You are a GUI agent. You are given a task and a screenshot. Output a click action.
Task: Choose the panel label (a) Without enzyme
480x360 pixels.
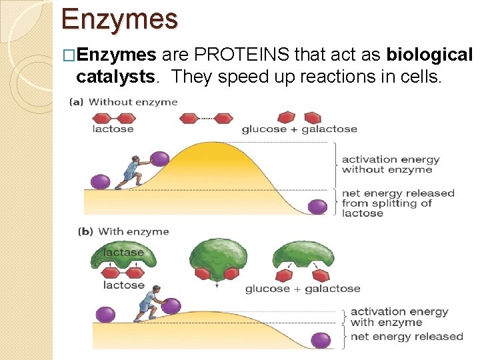tap(124, 102)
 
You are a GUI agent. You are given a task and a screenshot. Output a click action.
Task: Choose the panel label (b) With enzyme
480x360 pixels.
tap(124, 232)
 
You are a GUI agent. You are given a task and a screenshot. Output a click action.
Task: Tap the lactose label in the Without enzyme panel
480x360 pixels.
tap(113, 129)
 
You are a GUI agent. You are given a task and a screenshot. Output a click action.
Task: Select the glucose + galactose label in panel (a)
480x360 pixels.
tap(299, 129)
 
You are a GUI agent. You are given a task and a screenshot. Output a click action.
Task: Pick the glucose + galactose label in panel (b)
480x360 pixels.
tap(303, 289)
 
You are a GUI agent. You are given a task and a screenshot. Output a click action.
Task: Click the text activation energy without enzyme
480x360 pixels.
tap(391, 165)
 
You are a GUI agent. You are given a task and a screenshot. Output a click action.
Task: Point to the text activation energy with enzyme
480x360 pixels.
tap(399, 317)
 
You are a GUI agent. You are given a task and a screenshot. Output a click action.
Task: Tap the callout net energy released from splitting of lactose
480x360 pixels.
tap(398, 203)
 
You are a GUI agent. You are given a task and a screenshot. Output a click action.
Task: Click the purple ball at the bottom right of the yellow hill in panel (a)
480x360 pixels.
tap(318, 207)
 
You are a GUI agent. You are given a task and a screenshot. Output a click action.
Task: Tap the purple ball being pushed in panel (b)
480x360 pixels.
tap(171, 306)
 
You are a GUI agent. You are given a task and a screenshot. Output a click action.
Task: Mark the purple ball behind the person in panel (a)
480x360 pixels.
tap(100, 181)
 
